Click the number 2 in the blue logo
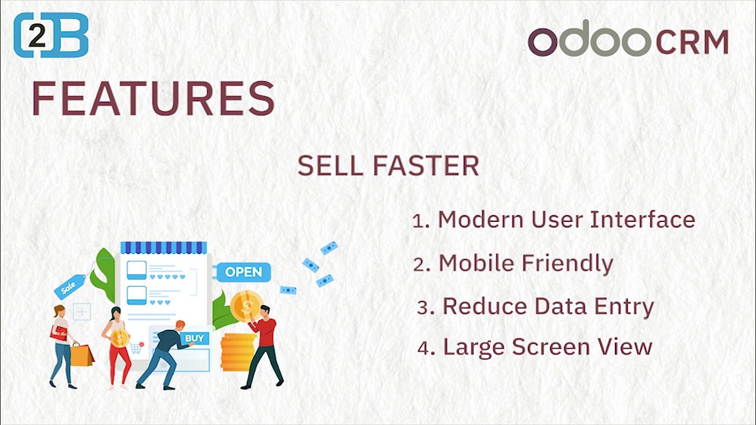click(x=37, y=35)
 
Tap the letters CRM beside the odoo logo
click(x=692, y=42)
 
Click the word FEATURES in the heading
click(x=154, y=98)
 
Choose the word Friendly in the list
click(x=568, y=264)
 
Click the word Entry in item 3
click(x=624, y=308)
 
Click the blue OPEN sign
click(x=243, y=272)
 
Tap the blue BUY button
click(x=195, y=338)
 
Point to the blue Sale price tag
click(x=70, y=287)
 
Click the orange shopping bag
click(x=82, y=355)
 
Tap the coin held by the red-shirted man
click(x=247, y=306)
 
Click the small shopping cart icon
click(x=136, y=348)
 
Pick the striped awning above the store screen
click(x=164, y=247)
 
